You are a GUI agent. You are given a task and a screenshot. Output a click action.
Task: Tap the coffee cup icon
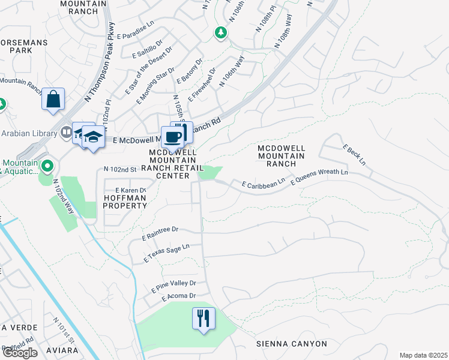point(173,137)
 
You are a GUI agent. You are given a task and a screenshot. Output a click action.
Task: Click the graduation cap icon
point(93,138)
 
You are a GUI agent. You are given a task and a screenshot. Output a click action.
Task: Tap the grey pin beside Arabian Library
point(66,132)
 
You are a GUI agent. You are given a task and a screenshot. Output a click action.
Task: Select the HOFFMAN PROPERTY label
point(125,201)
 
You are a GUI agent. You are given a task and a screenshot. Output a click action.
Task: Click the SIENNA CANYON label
point(292,344)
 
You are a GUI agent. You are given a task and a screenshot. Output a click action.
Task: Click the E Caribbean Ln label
point(263,183)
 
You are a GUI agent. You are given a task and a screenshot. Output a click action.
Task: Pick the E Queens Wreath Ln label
point(319,176)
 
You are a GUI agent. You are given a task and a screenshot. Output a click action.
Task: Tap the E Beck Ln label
point(354,154)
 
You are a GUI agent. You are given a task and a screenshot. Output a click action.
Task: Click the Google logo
point(20,353)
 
